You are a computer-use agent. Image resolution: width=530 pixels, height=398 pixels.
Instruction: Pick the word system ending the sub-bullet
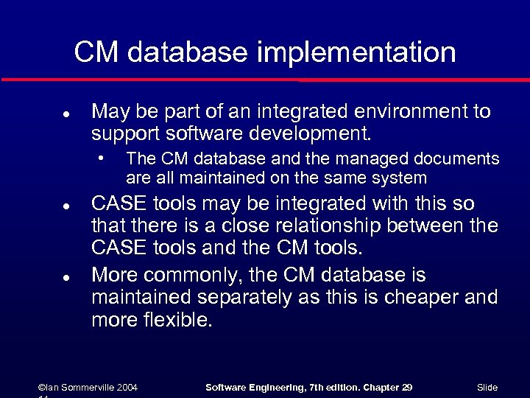pyautogui.click(x=400, y=178)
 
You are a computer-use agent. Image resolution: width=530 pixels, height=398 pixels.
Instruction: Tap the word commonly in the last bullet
pyautogui.click(x=192, y=276)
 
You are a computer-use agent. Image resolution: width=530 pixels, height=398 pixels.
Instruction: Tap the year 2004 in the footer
pyautogui.click(x=126, y=388)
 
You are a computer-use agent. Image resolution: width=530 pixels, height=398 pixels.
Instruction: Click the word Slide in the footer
pyautogui.click(x=487, y=388)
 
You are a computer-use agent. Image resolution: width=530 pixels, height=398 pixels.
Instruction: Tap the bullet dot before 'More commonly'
pyautogui.click(x=66, y=279)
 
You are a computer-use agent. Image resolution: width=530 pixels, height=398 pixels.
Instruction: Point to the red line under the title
pyautogui.click(x=265, y=79)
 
